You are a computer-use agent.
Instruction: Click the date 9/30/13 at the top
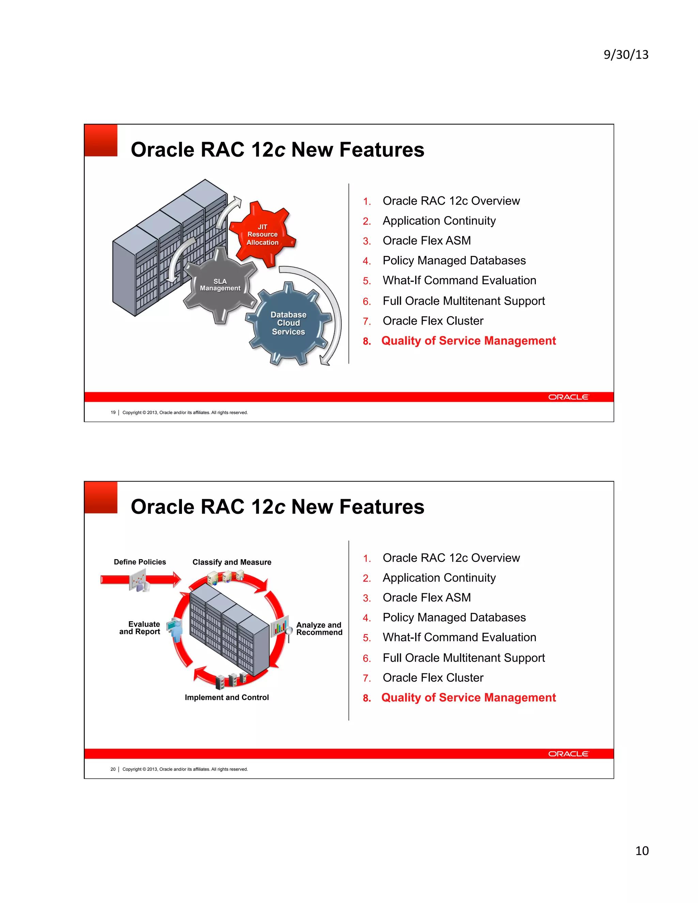(x=626, y=55)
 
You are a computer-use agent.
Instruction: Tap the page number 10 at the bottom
(x=642, y=851)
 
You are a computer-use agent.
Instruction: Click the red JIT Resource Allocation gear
(x=262, y=234)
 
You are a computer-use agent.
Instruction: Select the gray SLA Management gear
(x=220, y=285)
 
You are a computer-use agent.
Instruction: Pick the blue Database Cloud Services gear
(x=288, y=323)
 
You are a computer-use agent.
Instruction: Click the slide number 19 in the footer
(x=113, y=412)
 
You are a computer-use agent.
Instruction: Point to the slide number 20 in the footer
(x=113, y=769)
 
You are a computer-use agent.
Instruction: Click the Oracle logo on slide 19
(x=568, y=397)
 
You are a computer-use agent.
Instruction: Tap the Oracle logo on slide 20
(x=568, y=754)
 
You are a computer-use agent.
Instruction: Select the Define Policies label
(x=140, y=562)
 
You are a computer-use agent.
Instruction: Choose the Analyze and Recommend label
(x=319, y=628)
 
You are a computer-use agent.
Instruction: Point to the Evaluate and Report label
(x=141, y=628)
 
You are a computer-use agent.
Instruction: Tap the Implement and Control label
(x=227, y=698)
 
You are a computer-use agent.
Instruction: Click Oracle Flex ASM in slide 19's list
(x=426, y=241)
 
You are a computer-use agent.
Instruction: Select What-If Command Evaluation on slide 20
(x=459, y=637)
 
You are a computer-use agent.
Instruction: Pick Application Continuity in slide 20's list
(x=439, y=578)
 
